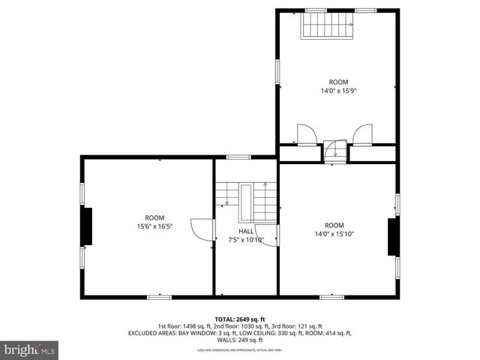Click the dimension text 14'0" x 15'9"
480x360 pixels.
click(338, 91)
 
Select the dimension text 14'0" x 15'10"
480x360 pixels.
click(334, 234)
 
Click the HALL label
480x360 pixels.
click(246, 231)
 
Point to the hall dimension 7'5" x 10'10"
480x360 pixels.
click(246, 240)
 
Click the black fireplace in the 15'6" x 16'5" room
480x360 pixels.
click(87, 227)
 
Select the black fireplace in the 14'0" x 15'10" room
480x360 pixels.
click(391, 238)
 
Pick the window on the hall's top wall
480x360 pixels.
click(238, 157)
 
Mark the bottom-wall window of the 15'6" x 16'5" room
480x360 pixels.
click(159, 297)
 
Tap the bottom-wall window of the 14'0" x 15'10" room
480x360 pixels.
click(331, 297)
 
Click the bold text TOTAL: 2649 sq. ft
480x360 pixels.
click(240, 319)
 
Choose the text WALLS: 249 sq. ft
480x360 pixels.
click(240, 340)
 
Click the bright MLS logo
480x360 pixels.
click(30, 349)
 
